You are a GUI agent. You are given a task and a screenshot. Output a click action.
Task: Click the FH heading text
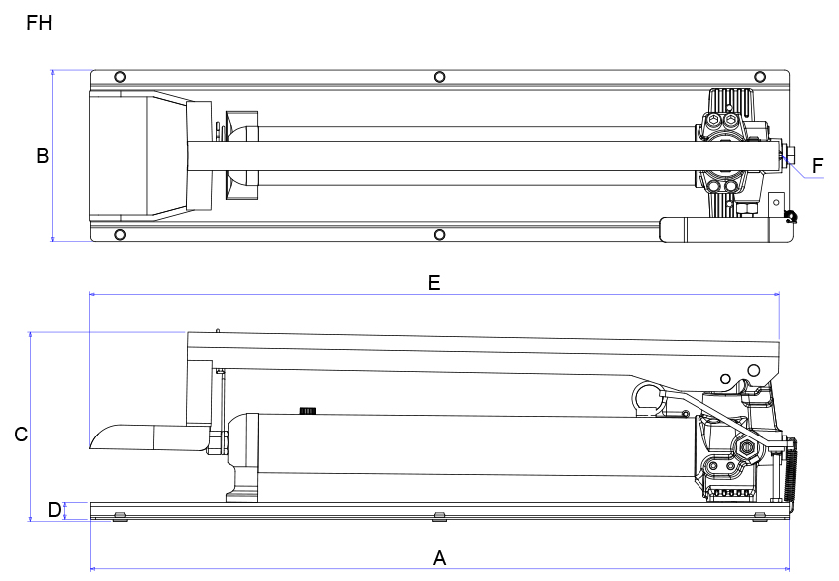point(39,22)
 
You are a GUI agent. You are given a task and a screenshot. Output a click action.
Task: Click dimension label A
point(439,558)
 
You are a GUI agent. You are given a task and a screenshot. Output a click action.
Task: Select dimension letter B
point(42,156)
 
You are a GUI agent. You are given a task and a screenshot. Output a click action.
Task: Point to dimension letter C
point(20,436)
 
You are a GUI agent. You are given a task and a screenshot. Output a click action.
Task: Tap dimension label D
point(54,511)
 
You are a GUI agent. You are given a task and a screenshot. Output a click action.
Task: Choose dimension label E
point(433,283)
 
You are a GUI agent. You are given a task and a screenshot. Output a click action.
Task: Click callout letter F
point(818,166)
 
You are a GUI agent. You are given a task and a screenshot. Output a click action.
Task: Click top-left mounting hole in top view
point(120,77)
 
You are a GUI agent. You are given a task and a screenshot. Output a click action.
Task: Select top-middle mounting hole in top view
point(439,77)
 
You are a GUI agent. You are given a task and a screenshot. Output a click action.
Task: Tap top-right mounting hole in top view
point(760,77)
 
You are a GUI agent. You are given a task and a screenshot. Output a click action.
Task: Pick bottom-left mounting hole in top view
point(120,235)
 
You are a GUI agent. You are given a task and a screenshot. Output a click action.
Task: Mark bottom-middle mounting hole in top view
point(439,235)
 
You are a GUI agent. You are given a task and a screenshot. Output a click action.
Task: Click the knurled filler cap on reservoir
point(307,410)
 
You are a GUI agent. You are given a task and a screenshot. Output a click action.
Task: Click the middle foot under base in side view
point(439,516)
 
